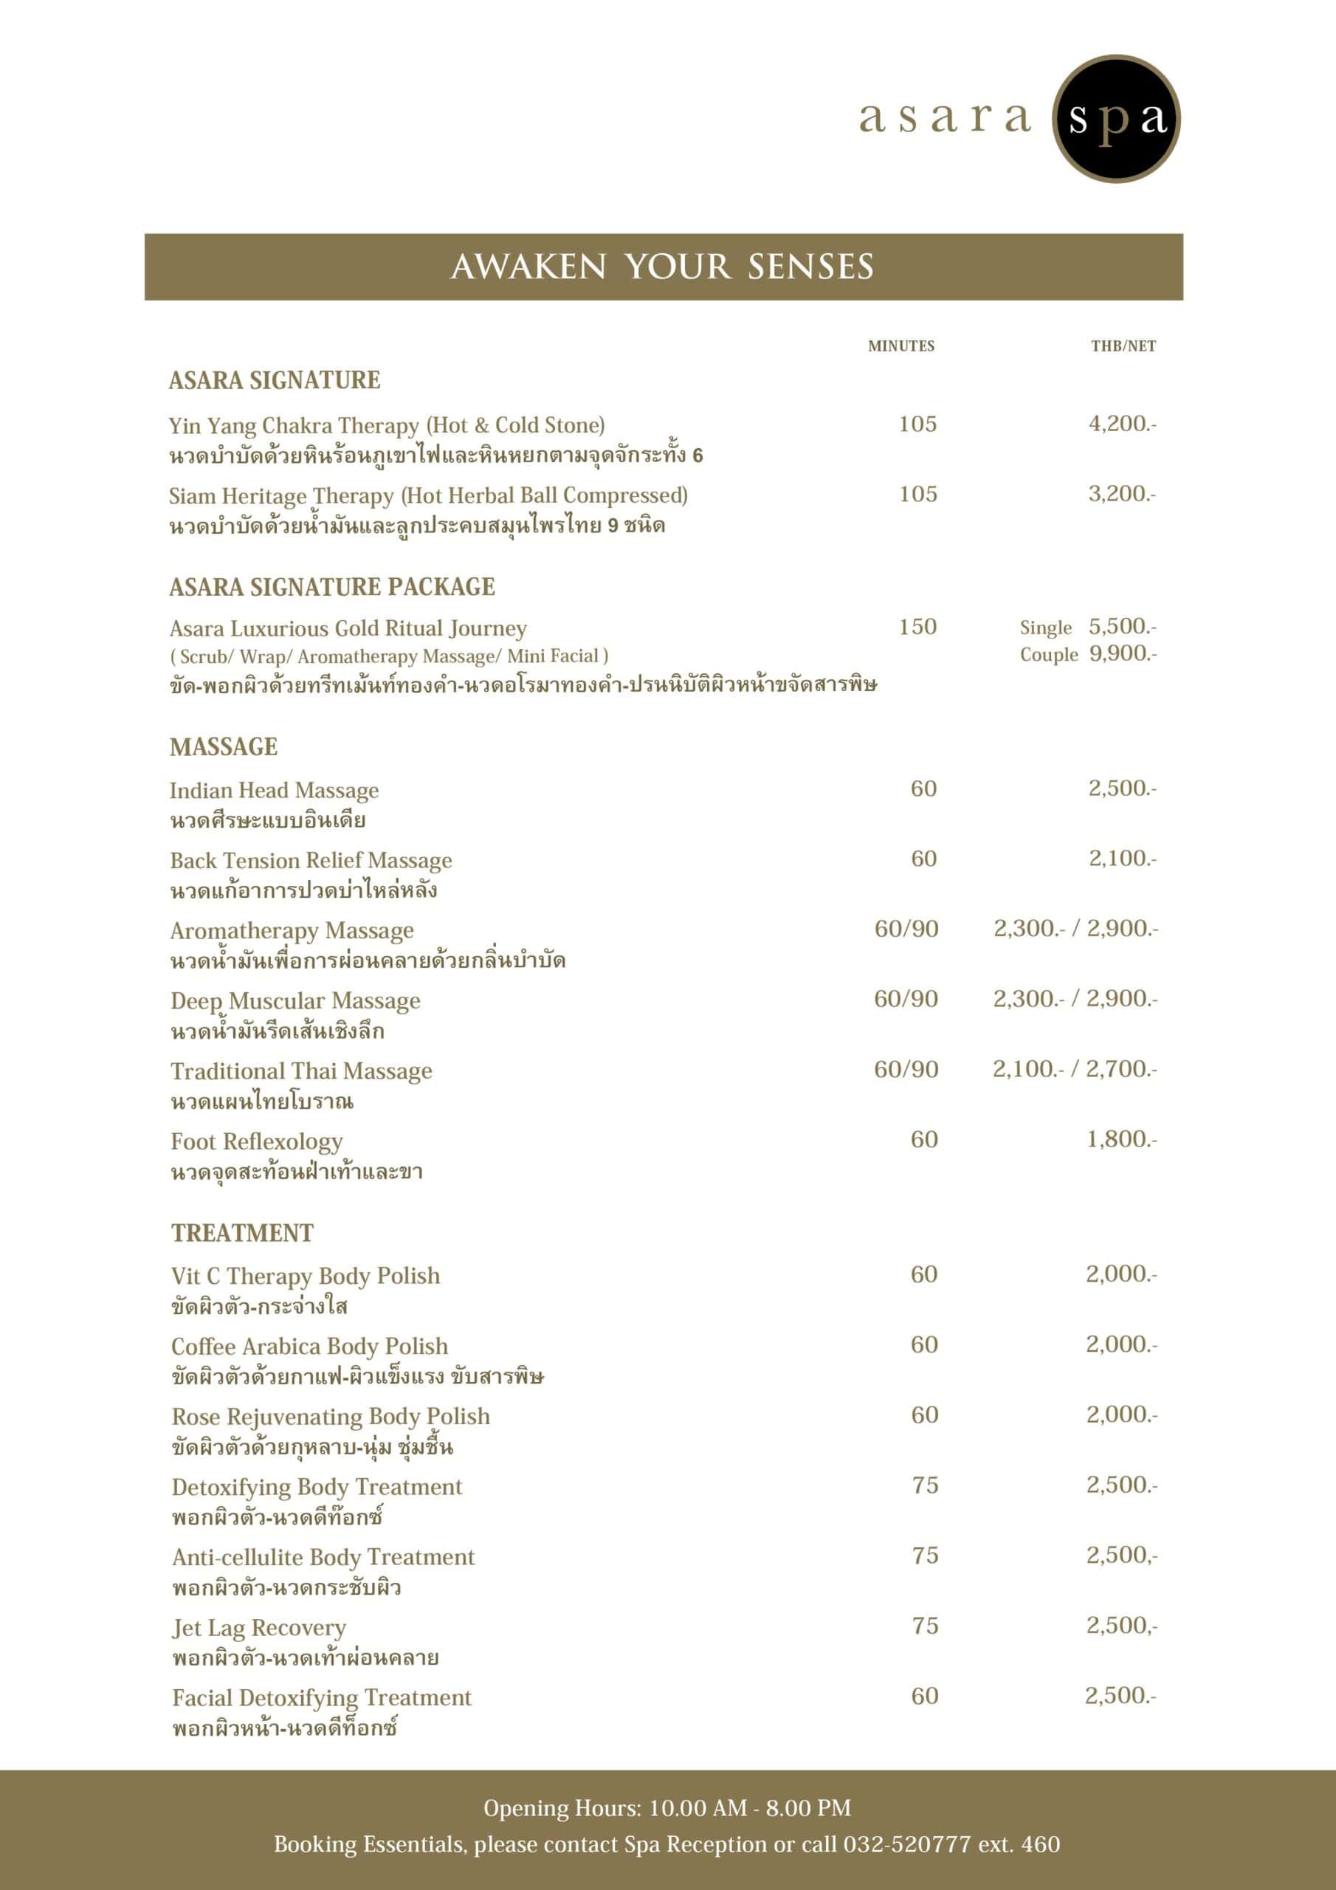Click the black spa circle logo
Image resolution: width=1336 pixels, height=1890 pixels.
[x=1115, y=119]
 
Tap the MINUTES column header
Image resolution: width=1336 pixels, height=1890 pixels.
[x=901, y=346]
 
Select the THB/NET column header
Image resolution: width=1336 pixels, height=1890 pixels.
[x=1123, y=346]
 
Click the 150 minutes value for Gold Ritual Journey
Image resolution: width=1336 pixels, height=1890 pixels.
[x=917, y=627]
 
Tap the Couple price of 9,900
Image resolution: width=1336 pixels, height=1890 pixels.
[x=1122, y=653]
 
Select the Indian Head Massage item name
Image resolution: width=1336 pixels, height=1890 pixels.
[x=274, y=790]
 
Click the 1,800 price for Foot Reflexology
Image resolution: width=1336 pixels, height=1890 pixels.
[x=1121, y=1138]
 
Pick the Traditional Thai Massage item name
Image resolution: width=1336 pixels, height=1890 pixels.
[x=300, y=1071]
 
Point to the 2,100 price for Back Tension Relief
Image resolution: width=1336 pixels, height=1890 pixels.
[x=1122, y=858]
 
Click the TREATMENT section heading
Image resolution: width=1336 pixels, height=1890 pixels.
[x=242, y=1232]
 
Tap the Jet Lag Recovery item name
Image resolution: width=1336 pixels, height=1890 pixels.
[x=258, y=1627]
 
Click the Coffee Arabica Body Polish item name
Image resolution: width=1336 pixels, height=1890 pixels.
[x=309, y=1346]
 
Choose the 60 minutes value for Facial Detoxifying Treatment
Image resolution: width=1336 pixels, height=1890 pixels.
[x=924, y=1696]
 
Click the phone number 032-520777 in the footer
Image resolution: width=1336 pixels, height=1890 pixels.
[x=906, y=1844]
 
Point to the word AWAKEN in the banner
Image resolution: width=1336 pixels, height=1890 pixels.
[x=528, y=267]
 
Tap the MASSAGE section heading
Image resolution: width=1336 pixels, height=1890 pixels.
[x=223, y=746]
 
